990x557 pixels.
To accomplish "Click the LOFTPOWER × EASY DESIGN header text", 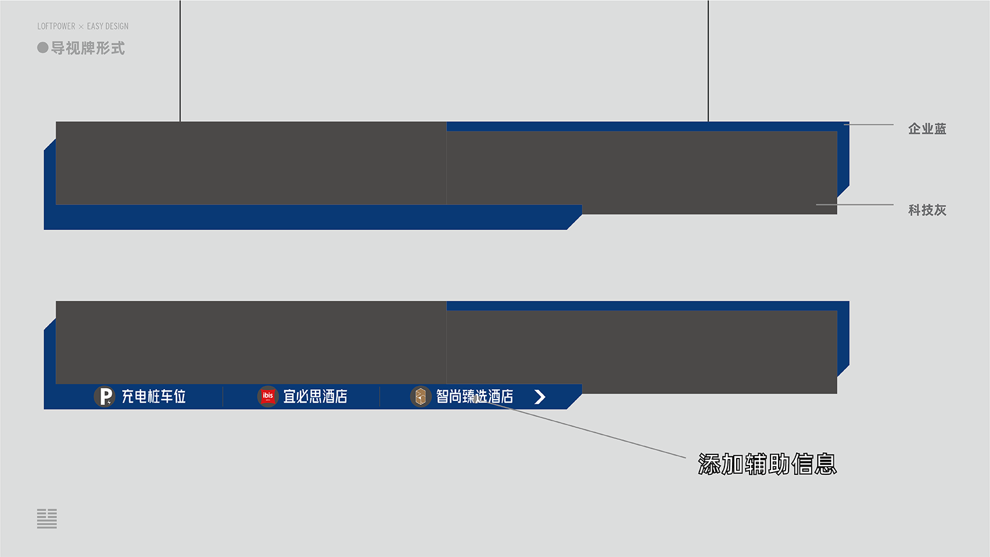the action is (x=83, y=26).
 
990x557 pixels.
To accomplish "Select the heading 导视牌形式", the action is (x=88, y=48).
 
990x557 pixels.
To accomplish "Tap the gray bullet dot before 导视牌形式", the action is (x=43, y=48).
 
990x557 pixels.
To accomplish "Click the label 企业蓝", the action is (x=927, y=129).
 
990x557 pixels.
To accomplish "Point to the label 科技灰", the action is (x=927, y=210).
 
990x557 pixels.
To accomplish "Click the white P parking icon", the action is (x=105, y=396).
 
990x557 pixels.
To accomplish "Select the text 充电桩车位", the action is (x=154, y=396).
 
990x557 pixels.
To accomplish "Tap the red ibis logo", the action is (x=268, y=396).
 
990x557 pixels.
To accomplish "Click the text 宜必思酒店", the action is (x=315, y=396).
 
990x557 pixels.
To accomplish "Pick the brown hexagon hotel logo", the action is (x=420, y=396).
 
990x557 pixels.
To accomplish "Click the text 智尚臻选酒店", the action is (x=475, y=396).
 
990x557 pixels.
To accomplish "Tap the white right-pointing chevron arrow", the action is (x=540, y=397).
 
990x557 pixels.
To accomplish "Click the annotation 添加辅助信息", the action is (x=768, y=464).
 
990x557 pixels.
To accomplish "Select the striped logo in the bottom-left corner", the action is (x=47, y=519).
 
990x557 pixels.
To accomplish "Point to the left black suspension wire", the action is (x=181, y=61).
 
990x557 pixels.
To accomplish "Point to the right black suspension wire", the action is (x=708, y=61).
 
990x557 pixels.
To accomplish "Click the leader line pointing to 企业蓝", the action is (x=869, y=125).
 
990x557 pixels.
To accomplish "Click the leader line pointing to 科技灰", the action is (x=855, y=205).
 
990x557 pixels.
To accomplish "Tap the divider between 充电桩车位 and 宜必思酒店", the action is (x=222, y=396).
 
